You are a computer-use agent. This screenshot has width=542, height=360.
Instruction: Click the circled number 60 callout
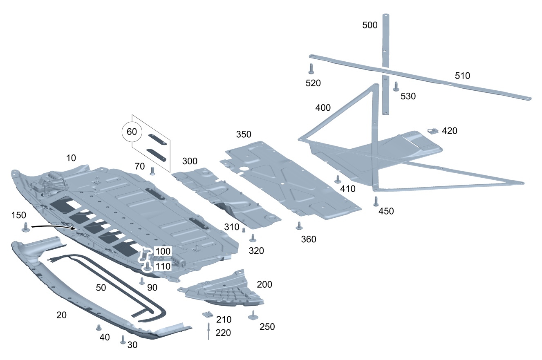(x=132, y=132)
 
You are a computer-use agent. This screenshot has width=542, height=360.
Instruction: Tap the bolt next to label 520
(x=311, y=68)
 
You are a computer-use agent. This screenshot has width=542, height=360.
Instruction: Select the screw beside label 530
(x=396, y=86)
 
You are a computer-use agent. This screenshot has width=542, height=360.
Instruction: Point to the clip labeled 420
(x=433, y=131)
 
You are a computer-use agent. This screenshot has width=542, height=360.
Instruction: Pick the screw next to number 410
(x=338, y=179)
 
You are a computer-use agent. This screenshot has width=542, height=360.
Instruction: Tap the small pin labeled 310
(x=244, y=230)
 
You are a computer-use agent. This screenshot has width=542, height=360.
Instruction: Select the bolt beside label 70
(x=153, y=171)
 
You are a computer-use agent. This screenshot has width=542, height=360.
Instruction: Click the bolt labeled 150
(x=26, y=227)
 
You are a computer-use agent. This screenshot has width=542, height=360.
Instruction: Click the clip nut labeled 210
(x=208, y=314)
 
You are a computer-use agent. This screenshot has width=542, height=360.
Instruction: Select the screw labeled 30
(x=123, y=340)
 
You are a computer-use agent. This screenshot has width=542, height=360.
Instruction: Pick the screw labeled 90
(x=142, y=281)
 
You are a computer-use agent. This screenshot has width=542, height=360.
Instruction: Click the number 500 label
(x=370, y=25)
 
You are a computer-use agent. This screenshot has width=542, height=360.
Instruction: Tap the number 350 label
(x=244, y=134)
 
